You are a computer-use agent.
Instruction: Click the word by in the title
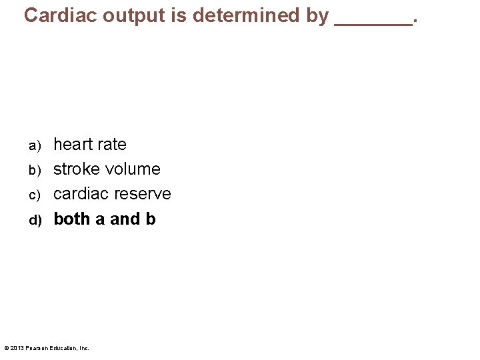(x=317, y=15)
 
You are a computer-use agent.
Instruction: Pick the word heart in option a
(x=73, y=145)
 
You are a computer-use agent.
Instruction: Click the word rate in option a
(x=111, y=145)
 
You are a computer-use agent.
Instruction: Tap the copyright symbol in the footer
(x=6, y=348)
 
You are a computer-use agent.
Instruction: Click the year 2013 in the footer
(x=17, y=348)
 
